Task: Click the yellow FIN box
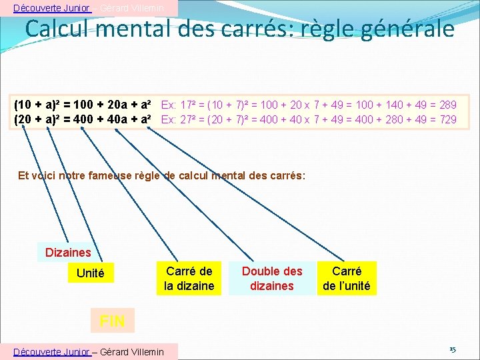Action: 111,321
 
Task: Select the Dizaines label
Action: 67,252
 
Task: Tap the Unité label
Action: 91,273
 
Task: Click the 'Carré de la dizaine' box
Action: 189,279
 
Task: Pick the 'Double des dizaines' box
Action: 271,279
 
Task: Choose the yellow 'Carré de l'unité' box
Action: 347,279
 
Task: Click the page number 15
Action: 452,349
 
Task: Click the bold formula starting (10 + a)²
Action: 85,105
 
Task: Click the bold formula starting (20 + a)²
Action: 85,119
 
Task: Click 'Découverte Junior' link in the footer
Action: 52,351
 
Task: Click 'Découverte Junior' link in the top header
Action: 52,8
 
